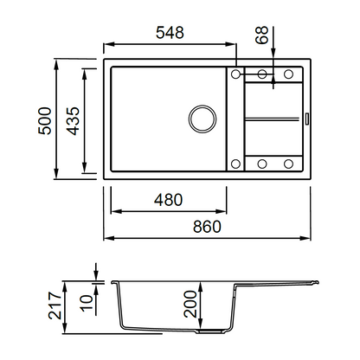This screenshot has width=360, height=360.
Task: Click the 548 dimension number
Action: tap(170, 33)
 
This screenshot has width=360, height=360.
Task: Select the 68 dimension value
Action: tap(262, 35)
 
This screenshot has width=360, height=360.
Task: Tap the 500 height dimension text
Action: tap(45, 121)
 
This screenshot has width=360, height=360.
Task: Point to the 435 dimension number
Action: tap(73, 121)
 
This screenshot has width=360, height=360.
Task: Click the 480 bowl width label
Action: tap(168, 200)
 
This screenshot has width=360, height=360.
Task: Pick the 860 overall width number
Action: tap(207, 227)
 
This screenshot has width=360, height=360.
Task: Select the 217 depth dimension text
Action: tap(55, 305)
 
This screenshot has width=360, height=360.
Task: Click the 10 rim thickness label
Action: tap(87, 303)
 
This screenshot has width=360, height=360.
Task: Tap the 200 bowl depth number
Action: tap(190, 304)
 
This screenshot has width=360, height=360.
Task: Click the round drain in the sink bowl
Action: tap(202, 119)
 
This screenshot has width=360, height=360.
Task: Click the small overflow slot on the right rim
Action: tap(307, 119)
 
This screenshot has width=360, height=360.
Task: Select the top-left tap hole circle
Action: tap(235, 74)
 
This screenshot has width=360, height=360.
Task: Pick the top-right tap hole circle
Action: tap(288, 74)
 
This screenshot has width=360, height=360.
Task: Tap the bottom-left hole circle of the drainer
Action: tap(235, 164)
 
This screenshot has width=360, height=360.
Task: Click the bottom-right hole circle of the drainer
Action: tap(288, 164)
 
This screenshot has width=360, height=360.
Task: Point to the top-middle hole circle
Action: tap(262, 74)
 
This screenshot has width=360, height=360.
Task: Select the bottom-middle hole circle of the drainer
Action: tap(262, 164)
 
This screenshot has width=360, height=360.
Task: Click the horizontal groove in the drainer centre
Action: tap(272, 119)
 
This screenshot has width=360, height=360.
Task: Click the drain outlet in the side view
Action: tap(210, 331)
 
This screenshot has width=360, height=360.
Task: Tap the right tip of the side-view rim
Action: tap(318, 282)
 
